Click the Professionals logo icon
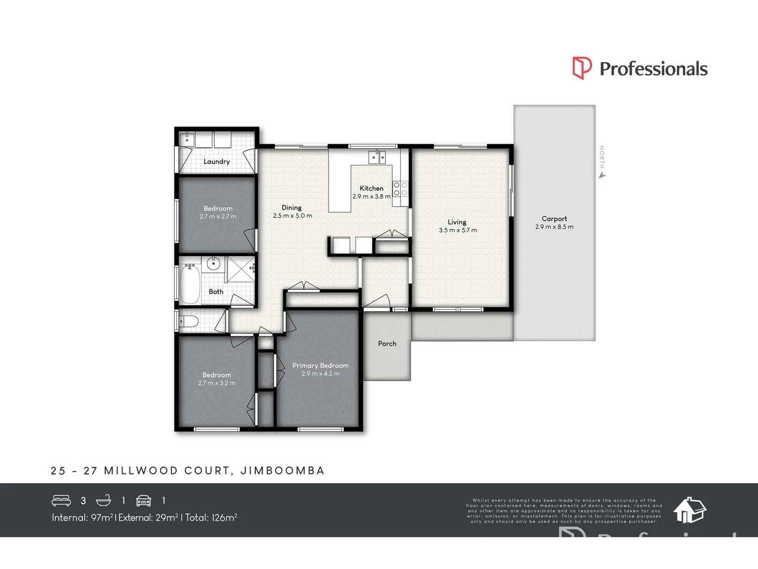tap(582, 68)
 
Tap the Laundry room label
tap(216, 162)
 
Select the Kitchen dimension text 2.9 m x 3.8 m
tap(371, 197)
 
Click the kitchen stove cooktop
tap(401, 189)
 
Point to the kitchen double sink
tap(377, 156)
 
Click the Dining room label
tap(292, 208)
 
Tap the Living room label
tap(457, 222)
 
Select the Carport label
tap(554, 219)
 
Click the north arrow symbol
tap(602, 175)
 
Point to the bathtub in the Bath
tap(189, 284)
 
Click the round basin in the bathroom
tap(213, 263)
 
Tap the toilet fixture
tap(188, 321)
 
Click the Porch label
tap(387, 344)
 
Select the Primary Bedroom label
tap(320, 366)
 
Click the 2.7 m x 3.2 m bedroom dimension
tap(216, 383)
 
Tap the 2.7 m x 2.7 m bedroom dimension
tap(218, 217)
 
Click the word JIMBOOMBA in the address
tap(282, 470)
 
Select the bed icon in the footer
tap(61, 501)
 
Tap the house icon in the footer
tap(690, 509)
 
